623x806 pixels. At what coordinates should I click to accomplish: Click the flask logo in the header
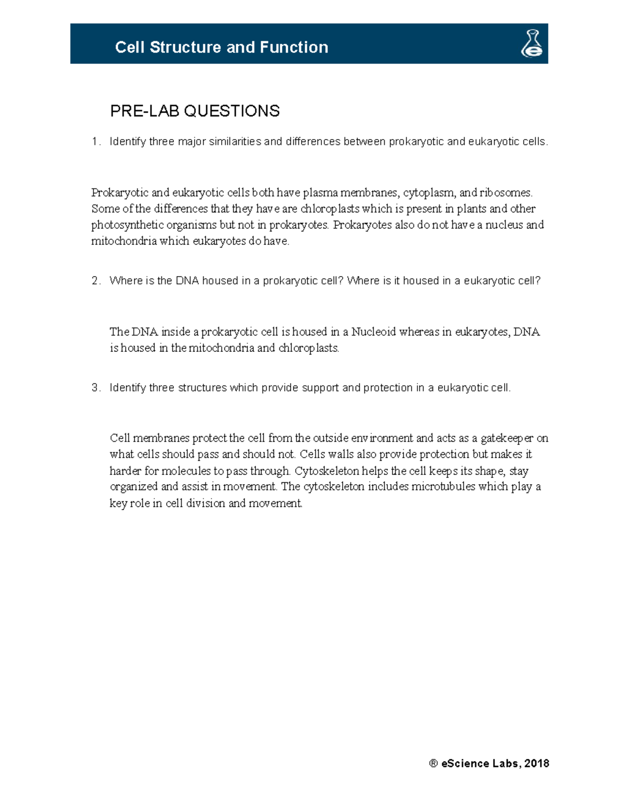pyautogui.click(x=532, y=44)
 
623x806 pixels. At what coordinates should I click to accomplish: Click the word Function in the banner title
pyautogui.click(x=294, y=47)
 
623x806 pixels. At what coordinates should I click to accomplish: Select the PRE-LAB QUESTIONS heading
pyautogui.click(x=195, y=111)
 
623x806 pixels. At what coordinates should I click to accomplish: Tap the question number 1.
pyautogui.click(x=94, y=142)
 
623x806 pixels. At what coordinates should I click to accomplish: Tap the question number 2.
pyautogui.click(x=95, y=281)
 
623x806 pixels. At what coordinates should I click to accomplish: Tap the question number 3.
pyautogui.click(x=95, y=388)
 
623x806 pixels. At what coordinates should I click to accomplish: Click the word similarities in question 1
pyautogui.click(x=235, y=142)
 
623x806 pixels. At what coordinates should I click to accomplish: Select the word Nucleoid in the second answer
pyautogui.click(x=373, y=332)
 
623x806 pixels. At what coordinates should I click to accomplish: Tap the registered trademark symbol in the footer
pyautogui.click(x=434, y=763)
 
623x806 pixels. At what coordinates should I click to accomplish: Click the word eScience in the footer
pyautogui.click(x=465, y=763)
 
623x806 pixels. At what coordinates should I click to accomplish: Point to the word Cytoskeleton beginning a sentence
pyautogui.click(x=327, y=471)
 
